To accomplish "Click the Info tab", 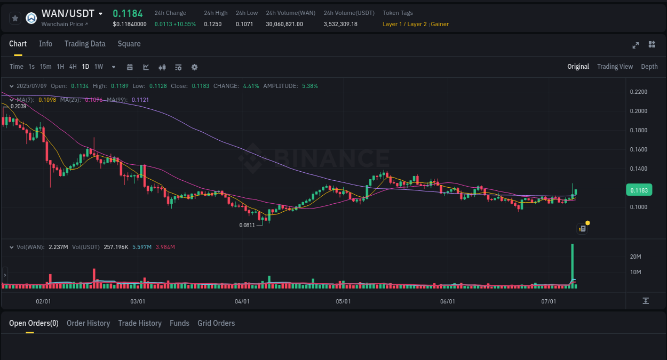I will [x=45, y=44].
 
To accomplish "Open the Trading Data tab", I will [x=85, y=44].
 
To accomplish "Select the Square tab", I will [x=129, y=44].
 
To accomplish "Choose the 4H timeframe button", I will [x=73, y=67].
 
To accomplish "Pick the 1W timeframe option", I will [x=99, y=67].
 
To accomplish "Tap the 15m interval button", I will [x=45, y=67].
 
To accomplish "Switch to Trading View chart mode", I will [x=615, y=67].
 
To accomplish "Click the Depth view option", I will [x=649, y=67].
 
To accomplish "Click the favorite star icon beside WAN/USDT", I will [x=15, y=18].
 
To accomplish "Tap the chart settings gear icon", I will [x=194, y=67].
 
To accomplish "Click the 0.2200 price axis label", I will [x=638, y=92].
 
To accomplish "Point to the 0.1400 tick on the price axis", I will [x=638, y=169].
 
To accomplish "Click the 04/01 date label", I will [x=242, y=301].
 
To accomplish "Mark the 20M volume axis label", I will [x=635, y=257].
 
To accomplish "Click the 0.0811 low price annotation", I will [x=247, y=225].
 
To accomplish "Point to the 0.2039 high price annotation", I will [x=18, y=106].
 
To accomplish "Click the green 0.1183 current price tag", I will [x=638, y=190].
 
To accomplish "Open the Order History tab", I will [x=88, y=323].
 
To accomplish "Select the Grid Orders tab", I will [x=216, y=323].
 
